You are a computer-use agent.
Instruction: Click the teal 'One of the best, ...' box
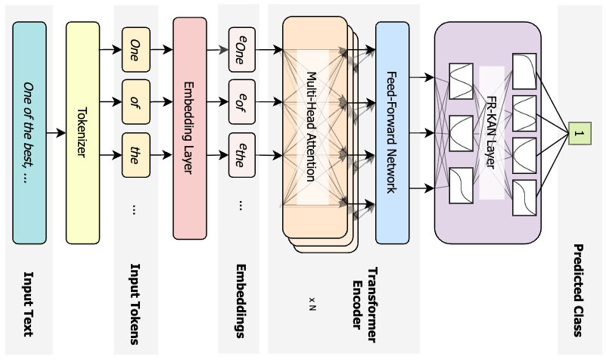[30, 132]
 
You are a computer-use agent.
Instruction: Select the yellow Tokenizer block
[82, 132]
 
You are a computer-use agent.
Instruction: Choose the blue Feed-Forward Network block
[392, 133]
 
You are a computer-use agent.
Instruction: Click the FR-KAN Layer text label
[491, 133]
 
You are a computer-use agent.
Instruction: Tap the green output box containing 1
[579, 133]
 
